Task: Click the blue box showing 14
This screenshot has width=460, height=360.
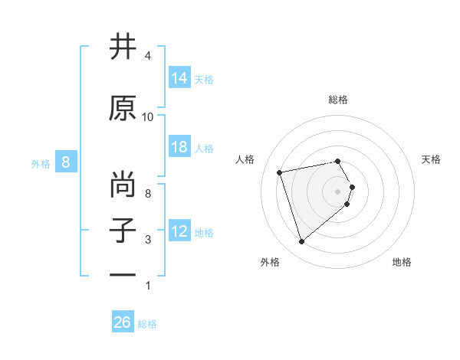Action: [x=179, y=78]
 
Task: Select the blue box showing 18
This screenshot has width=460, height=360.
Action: [x=179, y=147]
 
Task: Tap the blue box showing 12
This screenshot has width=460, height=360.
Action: [x=179, y=231]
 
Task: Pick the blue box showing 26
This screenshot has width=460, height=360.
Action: [x=123, y=322]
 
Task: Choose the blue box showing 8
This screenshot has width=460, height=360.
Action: [x=66, y=162]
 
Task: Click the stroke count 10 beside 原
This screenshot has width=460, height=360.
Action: [x=148, y=117]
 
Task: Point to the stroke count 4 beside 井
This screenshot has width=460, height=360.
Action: [x=148, y=56]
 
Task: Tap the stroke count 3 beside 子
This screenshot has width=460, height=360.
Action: [x=148, y=240]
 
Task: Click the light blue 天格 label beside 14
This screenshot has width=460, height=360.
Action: [x=204, y=79]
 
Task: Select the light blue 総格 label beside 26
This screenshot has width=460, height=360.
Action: [x=147, y=324]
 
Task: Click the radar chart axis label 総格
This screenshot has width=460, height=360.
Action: [x=337, y=100]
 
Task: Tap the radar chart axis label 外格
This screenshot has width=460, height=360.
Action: [x=270, y=262]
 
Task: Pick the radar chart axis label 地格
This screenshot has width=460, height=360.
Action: [x=402, y=262]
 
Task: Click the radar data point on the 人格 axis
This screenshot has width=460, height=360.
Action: [x=280, y=172]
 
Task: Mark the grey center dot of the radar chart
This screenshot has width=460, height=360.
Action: [x=337, y=190]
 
